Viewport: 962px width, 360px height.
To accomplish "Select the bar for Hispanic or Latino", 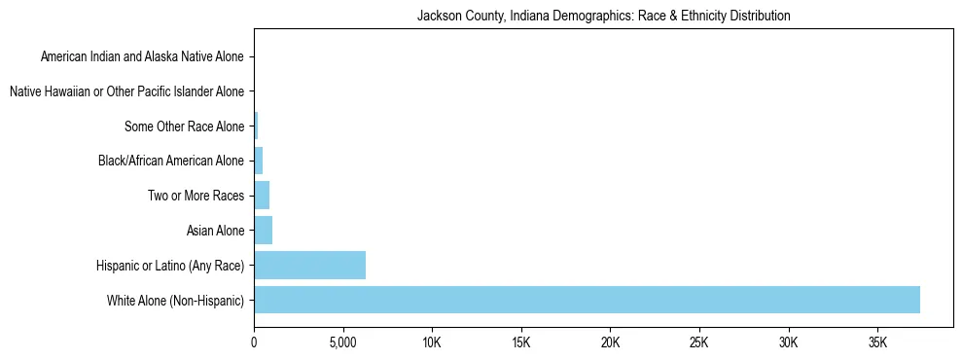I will (x=309, y=265).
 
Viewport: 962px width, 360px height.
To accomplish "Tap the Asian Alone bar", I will (x=263, y=231).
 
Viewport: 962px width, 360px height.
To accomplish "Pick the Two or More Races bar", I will (x=262, y=196).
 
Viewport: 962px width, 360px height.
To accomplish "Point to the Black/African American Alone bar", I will (x=258, y=161).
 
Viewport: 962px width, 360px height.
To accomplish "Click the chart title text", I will (x=603, y=16).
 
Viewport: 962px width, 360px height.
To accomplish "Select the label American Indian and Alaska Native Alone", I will (x=143, y=56).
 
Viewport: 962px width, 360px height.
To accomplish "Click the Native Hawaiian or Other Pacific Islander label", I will (x=126, y=91).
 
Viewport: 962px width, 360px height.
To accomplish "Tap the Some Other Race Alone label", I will (x=185, y=126).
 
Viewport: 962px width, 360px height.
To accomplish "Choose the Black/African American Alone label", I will (x=171, y=161).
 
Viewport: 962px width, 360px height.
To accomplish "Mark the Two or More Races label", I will (x=196, y=196).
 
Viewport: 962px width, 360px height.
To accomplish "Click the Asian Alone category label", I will (x=215, y=231).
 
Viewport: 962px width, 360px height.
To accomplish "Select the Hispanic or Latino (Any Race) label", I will (x=170, y=265).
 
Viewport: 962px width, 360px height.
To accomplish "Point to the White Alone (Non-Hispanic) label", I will (x=176, y=300).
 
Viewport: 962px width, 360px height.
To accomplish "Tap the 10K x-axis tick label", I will (x=432, y=343).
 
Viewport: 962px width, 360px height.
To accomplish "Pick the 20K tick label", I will (x=610, y=343).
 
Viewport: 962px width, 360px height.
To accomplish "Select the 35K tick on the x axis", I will (x=877, y=343).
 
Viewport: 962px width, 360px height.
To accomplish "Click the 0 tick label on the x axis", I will (x=254, y=343).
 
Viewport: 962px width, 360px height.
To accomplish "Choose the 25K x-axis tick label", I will (x=699, y=343).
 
